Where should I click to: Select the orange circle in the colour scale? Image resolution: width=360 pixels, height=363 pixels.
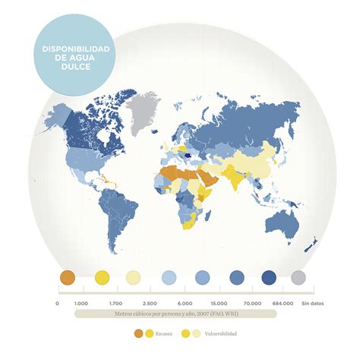pos(67,278)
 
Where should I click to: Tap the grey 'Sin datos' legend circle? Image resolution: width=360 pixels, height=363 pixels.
pos(298,278)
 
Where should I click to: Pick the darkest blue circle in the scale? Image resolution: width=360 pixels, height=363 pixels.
pos(269,278)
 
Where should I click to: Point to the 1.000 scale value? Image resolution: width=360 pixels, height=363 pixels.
pos(82,303)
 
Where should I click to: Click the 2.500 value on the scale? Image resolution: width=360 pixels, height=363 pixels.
pos(150,303)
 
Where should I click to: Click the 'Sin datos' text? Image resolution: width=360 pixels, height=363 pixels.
pos(312,303)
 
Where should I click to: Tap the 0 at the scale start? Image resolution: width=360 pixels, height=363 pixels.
pos(57,303)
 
